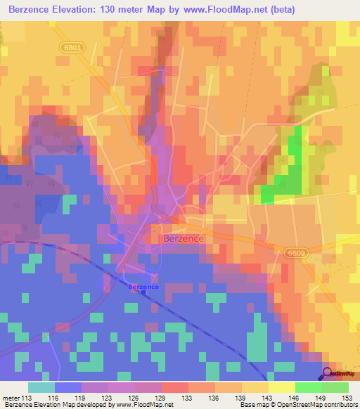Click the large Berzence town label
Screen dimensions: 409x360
184,239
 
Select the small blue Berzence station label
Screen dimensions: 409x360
143,287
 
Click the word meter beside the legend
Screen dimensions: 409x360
12,398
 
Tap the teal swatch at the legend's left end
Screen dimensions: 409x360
41,387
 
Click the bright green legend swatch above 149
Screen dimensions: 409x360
308,387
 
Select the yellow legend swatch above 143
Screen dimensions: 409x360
255,387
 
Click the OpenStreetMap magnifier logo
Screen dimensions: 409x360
327,373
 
